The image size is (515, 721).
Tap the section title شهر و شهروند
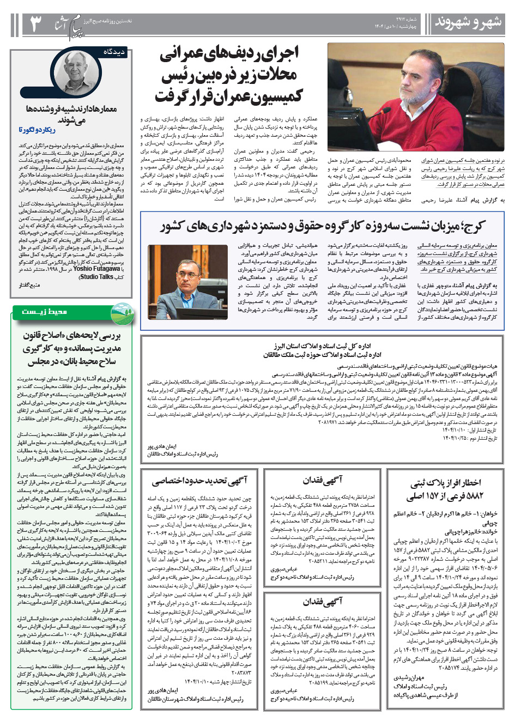coord(467,23)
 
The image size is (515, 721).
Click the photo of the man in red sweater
coord(416,97)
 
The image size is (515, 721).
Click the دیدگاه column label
coord(115,52)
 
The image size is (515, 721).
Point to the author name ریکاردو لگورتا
coord(37,130)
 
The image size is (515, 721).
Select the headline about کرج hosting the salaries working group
coord(322,226)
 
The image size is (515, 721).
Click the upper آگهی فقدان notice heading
coord(323,480)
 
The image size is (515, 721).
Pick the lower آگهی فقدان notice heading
coord(323,602)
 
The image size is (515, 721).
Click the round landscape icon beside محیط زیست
coord(121,313)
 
